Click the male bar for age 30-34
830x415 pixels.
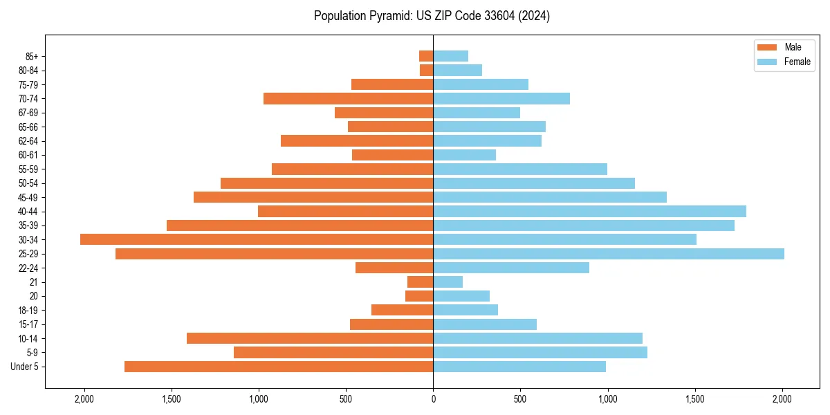point(257,239)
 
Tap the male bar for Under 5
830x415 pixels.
point(279,367)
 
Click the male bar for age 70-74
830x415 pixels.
point(349,98)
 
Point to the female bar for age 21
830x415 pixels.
point(448,282)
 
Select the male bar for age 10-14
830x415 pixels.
point(310,338)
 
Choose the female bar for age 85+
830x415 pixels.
point(451,56)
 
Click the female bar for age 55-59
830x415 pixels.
point(520,169)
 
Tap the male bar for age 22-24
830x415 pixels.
point(394,268)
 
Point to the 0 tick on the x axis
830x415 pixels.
point(433,399)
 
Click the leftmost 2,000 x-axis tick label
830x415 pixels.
point(84,399)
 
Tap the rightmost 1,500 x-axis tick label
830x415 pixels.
point(695,399)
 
